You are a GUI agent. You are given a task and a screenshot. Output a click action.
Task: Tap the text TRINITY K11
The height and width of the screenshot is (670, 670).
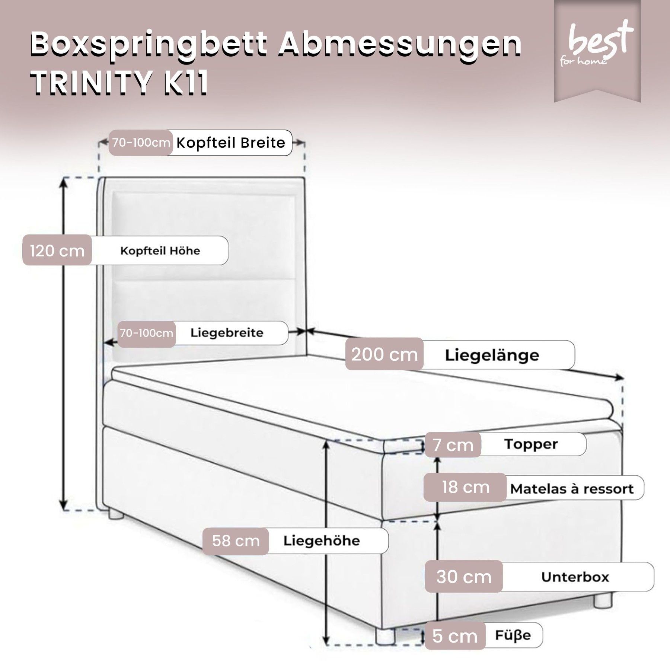pyautogui.click(x=119, y=83)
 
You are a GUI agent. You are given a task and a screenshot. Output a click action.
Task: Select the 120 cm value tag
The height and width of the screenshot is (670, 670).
pyautogui.click(x=57, y=251)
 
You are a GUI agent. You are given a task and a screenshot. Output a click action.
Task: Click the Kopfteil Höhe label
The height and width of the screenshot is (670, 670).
pyautogui.click(x=160, y=251)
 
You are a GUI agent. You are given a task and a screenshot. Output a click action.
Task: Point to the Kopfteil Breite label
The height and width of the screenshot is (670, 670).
pyautogui.click(x=231, y=143)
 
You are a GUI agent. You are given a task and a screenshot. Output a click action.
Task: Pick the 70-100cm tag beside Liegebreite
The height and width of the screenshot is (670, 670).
pyautogui.click(x=147, y=333)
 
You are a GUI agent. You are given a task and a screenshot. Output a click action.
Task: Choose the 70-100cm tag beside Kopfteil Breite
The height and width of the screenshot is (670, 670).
pyautogui.click(x=141, y=143)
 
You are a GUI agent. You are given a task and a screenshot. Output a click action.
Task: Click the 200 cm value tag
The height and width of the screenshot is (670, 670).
pyautogui.click(x=385, y=354)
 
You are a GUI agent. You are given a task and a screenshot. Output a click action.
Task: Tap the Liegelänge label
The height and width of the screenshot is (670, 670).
pyautogui.click(x=492, y=355)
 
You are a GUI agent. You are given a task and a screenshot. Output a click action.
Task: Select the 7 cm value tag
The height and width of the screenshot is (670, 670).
pyautogui.click(x=453, y=445)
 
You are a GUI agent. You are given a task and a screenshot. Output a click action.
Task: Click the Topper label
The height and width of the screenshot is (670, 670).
pyautogui.click(x=531, y=444)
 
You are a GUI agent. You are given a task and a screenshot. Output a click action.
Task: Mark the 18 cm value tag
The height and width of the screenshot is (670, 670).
pyautogui.click(x=465, y=487)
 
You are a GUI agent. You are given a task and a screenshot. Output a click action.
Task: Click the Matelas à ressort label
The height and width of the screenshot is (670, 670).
pyautogui.click(x=572, y=489)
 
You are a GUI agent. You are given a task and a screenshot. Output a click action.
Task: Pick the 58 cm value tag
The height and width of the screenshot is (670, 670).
pyautogui.click(x=236, y=541)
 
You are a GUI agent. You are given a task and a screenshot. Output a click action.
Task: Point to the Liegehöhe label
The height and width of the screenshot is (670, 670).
pyautogui.click(x=322, y=541)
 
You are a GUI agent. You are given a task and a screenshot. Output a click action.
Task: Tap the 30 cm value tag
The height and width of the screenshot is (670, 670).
pyautogui.click(x=464, y=577)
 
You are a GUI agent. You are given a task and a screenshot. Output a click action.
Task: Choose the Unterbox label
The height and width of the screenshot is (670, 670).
pyautogui.click(x=575, y=577)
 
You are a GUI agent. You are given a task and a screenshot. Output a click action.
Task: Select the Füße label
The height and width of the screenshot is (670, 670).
pyautogui.click(x=513, y=635)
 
